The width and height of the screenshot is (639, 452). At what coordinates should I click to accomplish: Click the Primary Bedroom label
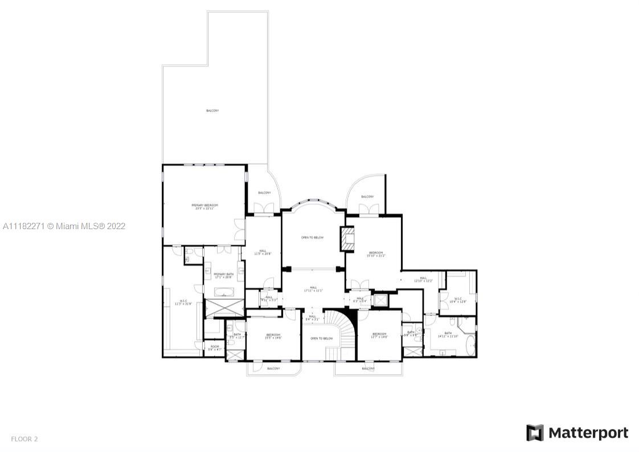coord(204,207)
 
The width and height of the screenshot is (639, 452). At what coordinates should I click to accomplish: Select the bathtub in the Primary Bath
coord(224,292)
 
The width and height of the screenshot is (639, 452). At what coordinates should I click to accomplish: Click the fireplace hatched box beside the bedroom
coord(347,239)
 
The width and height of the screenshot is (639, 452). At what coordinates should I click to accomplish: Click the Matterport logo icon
coord(534,433)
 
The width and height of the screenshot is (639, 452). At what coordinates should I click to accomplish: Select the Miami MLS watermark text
coord(64,226)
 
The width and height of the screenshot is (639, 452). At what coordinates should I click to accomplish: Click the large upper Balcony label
coord(212,111)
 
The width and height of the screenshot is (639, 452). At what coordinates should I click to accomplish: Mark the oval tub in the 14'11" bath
coord(470,345)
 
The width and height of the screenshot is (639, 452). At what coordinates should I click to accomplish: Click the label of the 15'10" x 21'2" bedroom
coord(376,254)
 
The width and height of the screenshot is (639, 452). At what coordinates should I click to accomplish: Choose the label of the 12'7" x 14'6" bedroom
coord(379,336)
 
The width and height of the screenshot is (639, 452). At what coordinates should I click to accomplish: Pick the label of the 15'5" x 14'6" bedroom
coord(273,336)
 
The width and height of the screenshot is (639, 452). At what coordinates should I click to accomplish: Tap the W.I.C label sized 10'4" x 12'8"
coord(458,299)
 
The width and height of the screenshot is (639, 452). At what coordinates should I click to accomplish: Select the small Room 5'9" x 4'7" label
coord(214,348)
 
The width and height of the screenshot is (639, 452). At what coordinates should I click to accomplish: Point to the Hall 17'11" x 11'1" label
coord(313,289)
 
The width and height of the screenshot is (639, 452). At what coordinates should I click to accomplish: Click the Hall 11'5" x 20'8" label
coord(263,252)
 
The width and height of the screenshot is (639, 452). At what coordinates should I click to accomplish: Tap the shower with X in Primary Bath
coord(224,308)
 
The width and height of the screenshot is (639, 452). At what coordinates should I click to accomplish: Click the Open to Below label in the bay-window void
coord(312,237)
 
